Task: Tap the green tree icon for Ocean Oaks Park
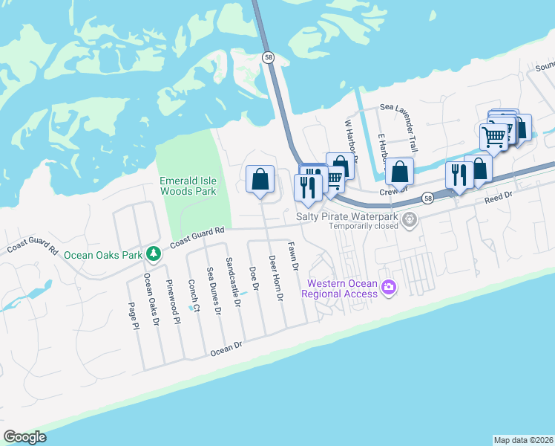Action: [x=154, y=254]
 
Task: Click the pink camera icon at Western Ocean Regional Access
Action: [x=388, y=288]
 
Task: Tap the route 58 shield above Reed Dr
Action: [x=427, y=198]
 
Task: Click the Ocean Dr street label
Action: [x=227, y=348]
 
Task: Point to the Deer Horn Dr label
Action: [x=275, y=278]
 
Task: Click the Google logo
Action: [x=24, y=437]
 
